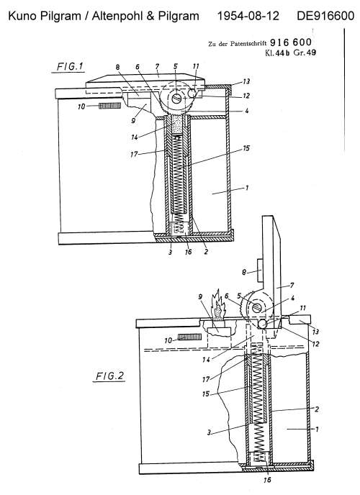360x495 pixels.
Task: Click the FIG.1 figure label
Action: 70,67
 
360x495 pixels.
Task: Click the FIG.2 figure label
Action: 109,376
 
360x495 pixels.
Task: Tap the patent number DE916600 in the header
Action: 325,16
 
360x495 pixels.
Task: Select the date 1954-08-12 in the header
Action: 248,16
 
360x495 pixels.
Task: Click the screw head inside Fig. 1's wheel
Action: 177,99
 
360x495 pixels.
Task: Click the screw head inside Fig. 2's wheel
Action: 257,306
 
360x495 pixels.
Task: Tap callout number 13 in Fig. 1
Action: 246,81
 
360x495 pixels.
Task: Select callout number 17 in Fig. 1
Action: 134,154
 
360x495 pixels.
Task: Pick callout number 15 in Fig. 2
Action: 206,394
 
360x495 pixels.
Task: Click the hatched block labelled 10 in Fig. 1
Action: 109,106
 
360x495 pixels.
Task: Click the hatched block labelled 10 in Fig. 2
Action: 189,337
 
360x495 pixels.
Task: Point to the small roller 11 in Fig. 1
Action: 192,94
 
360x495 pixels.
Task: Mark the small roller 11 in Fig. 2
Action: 263,324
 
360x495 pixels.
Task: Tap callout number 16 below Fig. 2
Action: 267,480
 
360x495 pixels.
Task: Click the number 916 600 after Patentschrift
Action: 291,42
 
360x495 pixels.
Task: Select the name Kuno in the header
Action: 22,16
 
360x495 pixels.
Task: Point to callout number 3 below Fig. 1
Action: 170,253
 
